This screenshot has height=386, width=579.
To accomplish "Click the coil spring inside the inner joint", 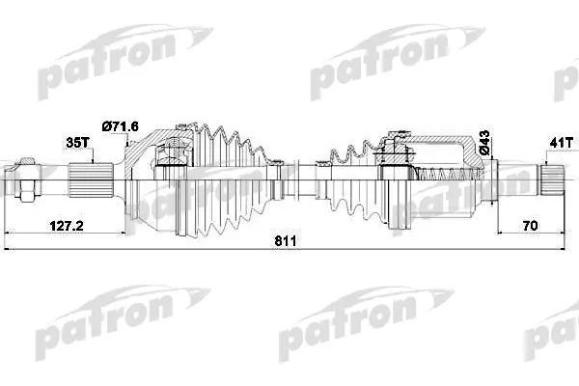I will [x=443, y=176].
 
